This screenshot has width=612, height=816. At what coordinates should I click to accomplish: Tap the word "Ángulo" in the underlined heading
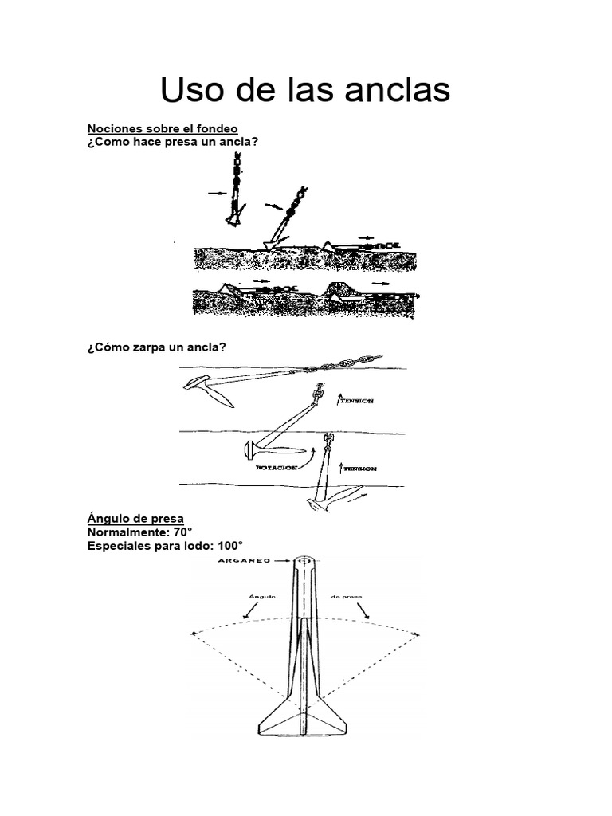pyautogui.click(x=110, y=518)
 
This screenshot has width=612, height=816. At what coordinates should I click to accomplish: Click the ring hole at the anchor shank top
pyautogui.click(x=304, y=562)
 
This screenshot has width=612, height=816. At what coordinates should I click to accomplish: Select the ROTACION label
pyautogui.click(x=276, y=468)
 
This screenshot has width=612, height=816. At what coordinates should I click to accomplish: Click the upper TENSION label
pyautogui.click(x=359, y=402)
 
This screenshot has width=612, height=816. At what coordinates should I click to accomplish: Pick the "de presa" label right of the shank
pyautogui.click(x=347, y=594)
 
